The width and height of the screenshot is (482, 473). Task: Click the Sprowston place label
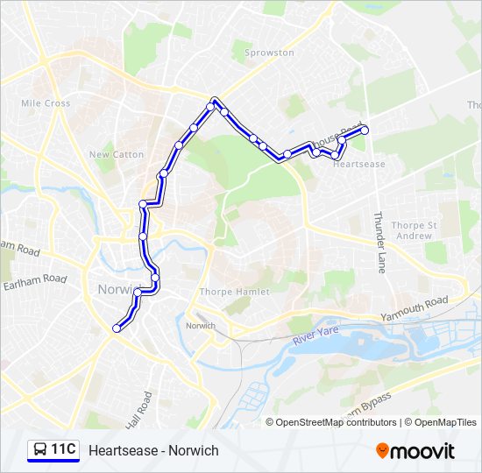tap(269, 53)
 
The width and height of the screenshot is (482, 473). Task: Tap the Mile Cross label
tap(46, 103)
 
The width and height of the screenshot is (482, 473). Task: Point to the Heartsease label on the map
tap(359, 164)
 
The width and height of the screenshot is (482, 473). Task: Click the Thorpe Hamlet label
tap(234, 291)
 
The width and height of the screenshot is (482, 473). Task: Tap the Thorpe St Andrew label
tap(414, 230)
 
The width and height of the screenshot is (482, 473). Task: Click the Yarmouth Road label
tap(415, 307)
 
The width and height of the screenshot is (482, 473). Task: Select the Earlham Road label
tap(35, 279)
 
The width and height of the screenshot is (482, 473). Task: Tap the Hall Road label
tap(138, 408)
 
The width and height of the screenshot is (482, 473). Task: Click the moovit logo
tap(415, 451)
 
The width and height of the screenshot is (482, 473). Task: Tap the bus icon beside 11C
tap(39, 450)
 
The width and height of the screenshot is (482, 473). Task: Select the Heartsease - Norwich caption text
tap(153, 450)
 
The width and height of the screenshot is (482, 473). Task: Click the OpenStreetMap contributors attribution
tap(337, 422)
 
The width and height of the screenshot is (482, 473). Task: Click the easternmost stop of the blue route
tap(365, 131)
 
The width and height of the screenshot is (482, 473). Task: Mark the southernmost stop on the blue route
tap(117, 328)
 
